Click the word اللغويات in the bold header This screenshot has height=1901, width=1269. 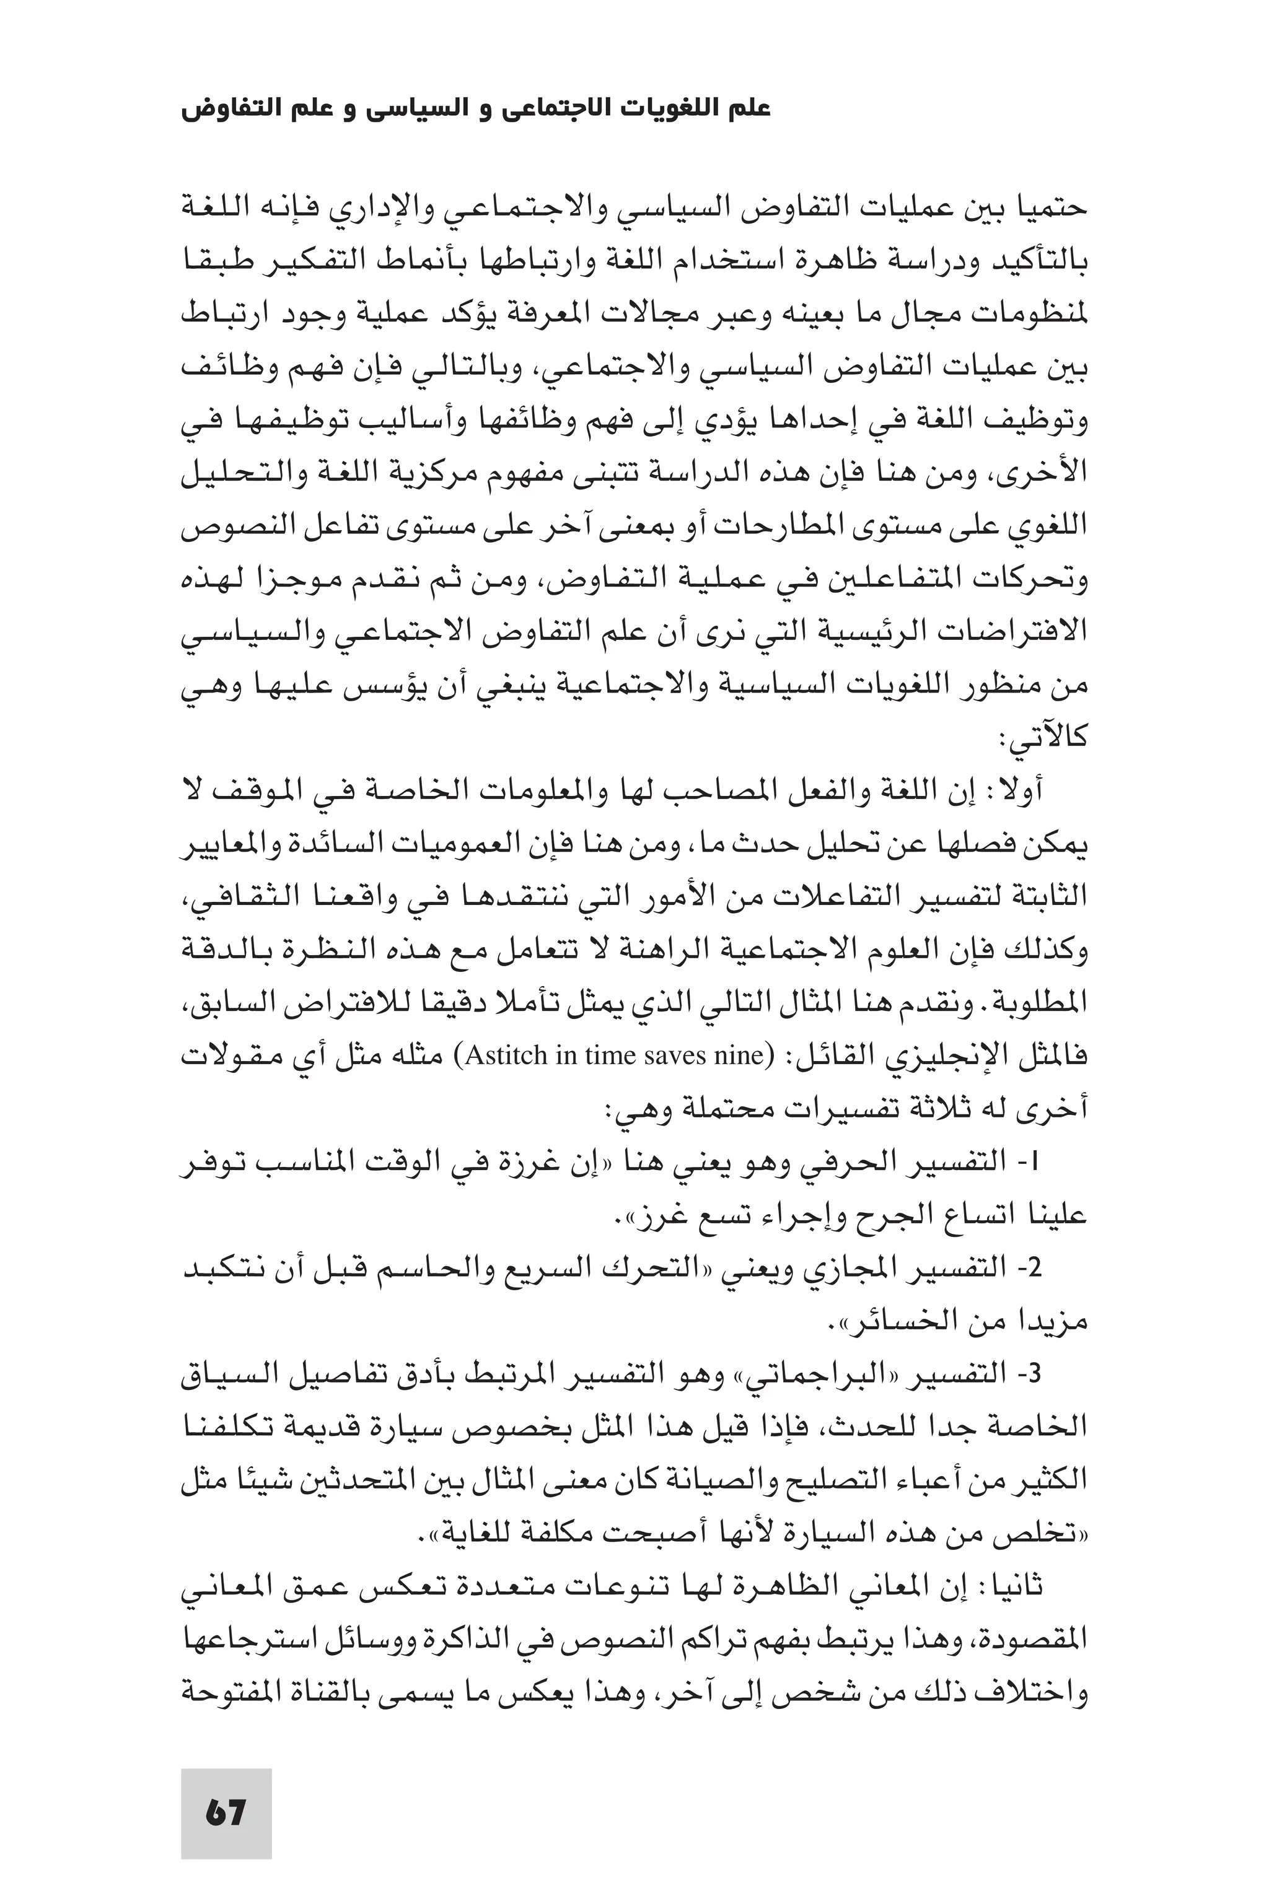[664, 108]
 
